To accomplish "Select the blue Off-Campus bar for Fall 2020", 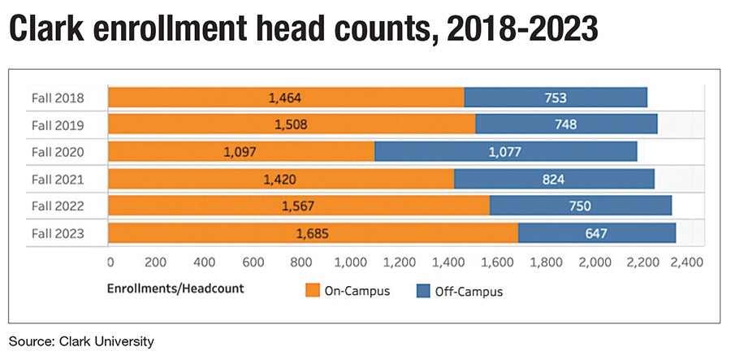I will [505, 152].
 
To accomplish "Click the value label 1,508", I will [291, 125].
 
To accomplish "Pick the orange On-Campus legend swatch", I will [312, 289].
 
